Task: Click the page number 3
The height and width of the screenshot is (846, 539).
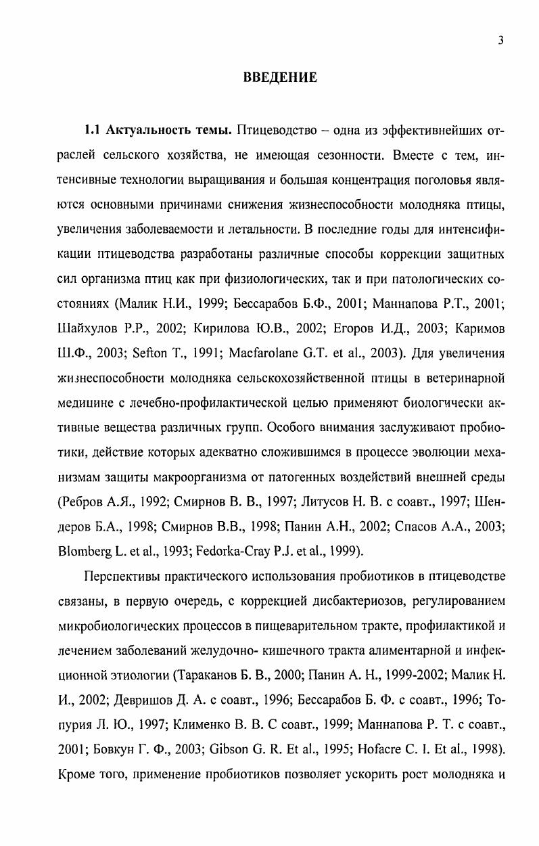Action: point(500,40)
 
